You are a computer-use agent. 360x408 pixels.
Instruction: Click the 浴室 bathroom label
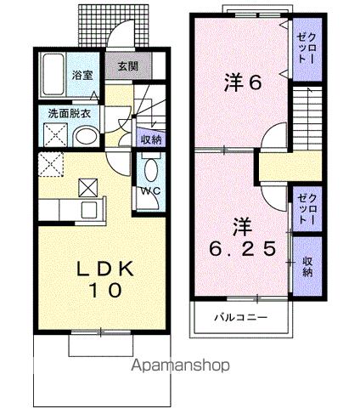(82, 74)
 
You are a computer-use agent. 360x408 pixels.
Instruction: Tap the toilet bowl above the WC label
(151, 167)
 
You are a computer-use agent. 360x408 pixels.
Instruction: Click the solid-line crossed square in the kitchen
(87, 188)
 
